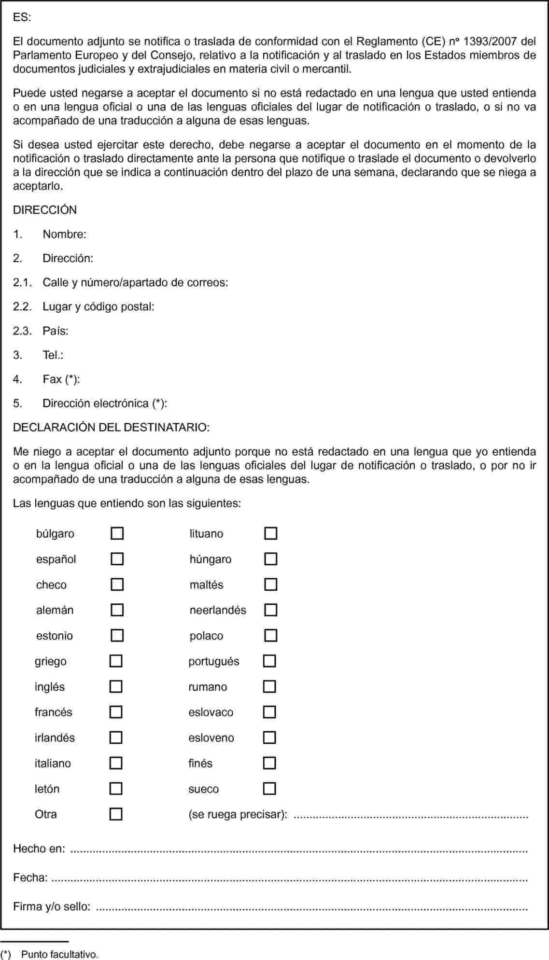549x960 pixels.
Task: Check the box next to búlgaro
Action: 117,533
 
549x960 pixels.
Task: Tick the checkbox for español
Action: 117,559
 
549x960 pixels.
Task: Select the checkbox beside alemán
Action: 117,610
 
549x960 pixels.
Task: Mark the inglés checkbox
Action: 116,686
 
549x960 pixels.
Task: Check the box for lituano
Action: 270,533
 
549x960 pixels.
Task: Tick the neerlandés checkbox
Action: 270,610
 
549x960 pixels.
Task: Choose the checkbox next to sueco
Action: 269,789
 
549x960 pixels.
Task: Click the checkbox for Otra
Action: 116,814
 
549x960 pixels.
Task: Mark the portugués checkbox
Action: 269,661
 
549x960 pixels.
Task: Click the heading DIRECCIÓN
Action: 45,210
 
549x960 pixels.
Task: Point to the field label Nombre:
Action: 64,235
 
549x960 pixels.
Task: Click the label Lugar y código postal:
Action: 99,306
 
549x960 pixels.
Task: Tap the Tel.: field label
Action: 53,355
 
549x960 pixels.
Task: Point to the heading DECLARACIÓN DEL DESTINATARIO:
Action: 112,428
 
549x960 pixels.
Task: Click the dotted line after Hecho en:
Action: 299,849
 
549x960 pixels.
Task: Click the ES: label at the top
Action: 22,17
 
